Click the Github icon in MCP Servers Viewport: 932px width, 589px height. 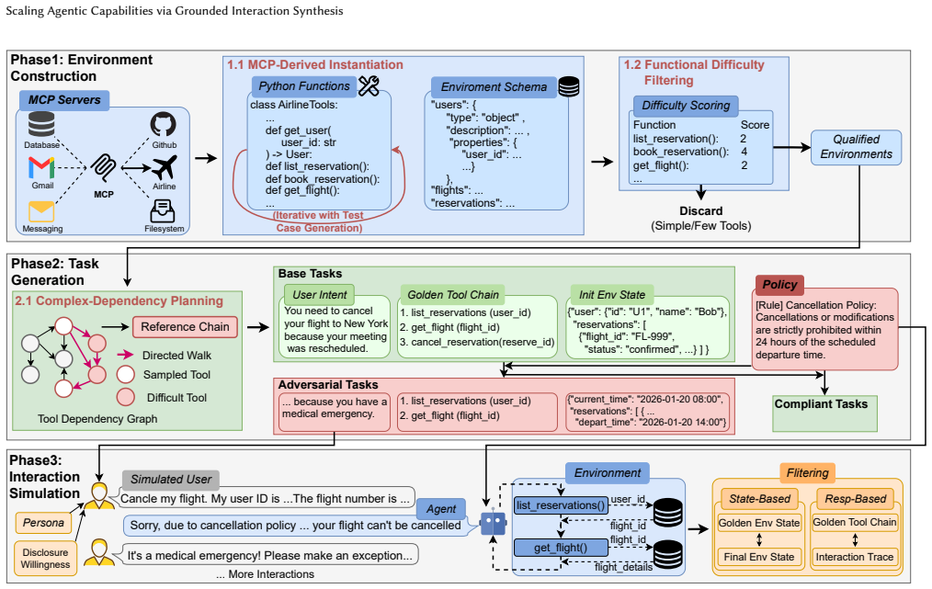coord(163,125)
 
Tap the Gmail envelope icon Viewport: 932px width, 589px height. coord(41,167)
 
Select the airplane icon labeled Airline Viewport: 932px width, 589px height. coord(165,167)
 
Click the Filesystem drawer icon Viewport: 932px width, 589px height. coord(163,211)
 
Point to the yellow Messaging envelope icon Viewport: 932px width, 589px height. coord(41,211)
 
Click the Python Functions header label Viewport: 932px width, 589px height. coord(303,86)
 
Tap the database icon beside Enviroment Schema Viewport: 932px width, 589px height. coord(569,86)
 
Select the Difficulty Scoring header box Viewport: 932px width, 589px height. coord(686,106)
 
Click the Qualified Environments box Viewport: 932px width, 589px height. coord(856,147)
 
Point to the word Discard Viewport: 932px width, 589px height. coord(700,211)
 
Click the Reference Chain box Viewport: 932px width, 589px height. coord(185,327)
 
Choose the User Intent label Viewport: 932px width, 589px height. coord(319,295)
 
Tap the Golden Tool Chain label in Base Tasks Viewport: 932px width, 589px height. coord(453,295)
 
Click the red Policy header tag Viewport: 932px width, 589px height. coord(779,285)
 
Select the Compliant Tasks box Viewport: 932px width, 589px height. coord(824,413)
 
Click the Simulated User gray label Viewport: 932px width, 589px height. coord(171,480)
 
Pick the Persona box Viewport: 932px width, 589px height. coord(43,523)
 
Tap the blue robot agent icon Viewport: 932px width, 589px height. coord(494,524)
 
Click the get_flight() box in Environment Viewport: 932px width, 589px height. coord(561,548)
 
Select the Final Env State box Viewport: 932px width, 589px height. coord(759,557)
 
